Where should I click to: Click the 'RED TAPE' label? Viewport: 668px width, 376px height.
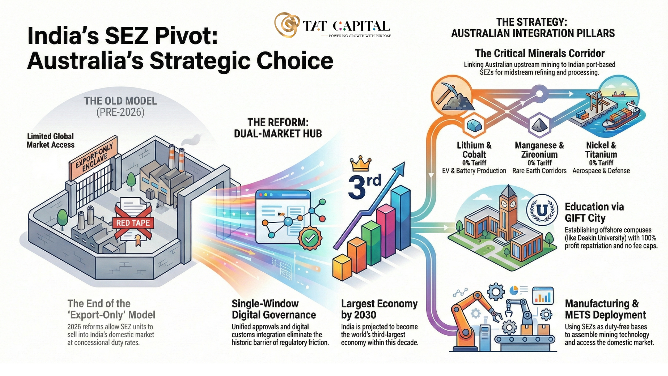click(133, 223)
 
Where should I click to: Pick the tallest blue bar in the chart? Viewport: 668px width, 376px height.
click(401, 218)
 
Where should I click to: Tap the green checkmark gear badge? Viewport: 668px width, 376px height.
click(310, 238)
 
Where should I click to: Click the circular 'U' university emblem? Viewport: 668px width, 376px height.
click(542, 210)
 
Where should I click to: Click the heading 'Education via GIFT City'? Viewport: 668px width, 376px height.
click(594, 212)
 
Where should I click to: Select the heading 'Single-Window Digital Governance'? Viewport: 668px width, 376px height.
click(274, 309)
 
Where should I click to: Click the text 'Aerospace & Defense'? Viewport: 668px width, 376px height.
click(601, 171)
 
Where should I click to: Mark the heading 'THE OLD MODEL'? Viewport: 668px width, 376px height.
click(120, 101)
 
